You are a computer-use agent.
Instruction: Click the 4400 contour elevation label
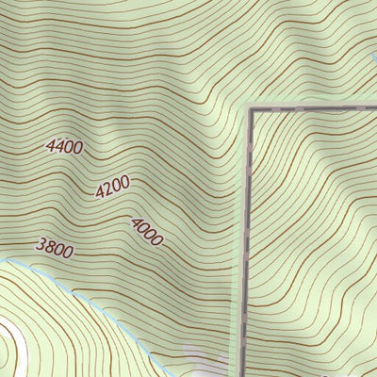(64, 146)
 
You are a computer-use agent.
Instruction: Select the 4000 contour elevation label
(147, 231)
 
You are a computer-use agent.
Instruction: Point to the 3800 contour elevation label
(54, 247)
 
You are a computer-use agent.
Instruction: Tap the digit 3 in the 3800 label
(40, 245)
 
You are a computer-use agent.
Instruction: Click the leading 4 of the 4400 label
(50, 146)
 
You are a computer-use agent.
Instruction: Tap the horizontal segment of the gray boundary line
(311, 108)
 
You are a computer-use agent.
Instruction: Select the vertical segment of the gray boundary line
(248, 236)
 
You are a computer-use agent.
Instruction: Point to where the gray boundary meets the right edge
(374, 108)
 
